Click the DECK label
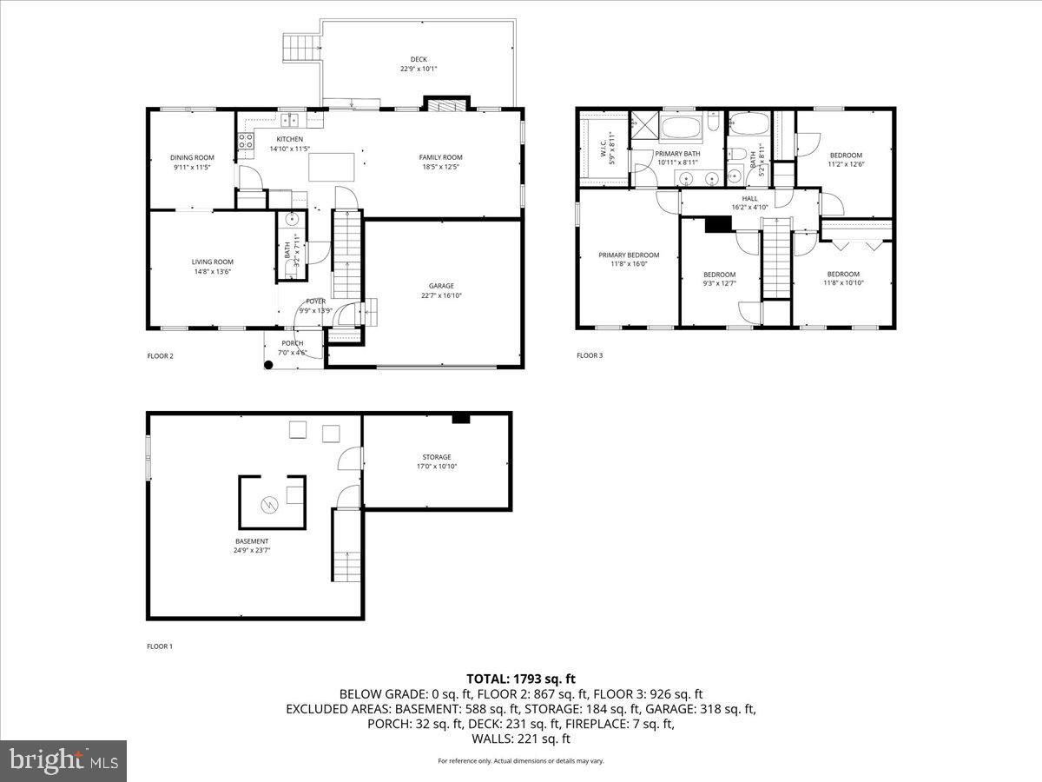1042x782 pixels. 419,59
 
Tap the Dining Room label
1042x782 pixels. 192,157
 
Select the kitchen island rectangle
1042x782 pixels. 333,166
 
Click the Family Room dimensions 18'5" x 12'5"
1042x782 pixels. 440,167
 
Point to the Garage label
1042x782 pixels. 441,285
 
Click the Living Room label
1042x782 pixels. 213,262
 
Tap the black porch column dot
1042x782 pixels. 268,364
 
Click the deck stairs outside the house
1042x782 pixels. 300,44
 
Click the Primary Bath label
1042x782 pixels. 677,153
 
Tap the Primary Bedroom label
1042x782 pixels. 629,255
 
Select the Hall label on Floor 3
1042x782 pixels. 749,198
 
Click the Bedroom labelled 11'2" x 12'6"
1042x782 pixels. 846,156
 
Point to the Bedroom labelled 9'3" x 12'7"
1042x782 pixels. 719,275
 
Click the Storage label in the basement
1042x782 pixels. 437,457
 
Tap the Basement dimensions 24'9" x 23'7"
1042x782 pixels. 251,550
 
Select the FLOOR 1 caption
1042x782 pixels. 160,646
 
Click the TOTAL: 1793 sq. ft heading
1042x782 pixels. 521,679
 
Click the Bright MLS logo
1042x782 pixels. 63,761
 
